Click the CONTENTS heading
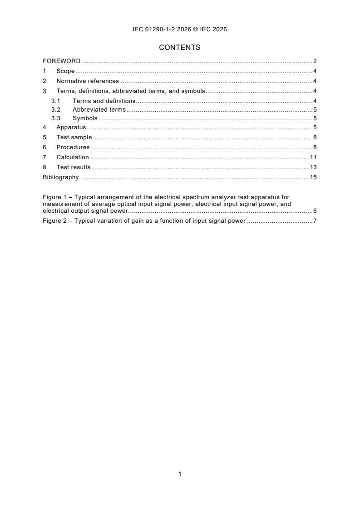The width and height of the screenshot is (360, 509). click(x=180, y=47)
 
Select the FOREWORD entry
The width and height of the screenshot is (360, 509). click(x=62, y=61)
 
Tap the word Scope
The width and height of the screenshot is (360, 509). click(x=65, y=71)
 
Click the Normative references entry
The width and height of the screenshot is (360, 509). click(x=88, y=81)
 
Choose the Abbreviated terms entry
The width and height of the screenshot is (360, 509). click(x=99, y=110)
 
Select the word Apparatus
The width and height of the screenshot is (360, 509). click(x=71, y=128)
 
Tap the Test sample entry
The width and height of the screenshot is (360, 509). click(x=74, y=137)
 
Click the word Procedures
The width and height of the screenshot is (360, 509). click(x=73, y=147)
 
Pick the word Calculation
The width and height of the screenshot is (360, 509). click(x=73, y=157)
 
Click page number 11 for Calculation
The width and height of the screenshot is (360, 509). click(x=313, y=157)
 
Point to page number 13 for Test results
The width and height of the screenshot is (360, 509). click(x=313, y=167)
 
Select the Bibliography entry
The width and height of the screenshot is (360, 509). click(x=61, y=177)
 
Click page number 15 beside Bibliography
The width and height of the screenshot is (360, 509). click(x=313, y=177)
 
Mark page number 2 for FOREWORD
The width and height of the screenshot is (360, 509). click(x=315, y=61)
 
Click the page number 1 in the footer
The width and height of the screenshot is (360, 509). click(x=180, y=474)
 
